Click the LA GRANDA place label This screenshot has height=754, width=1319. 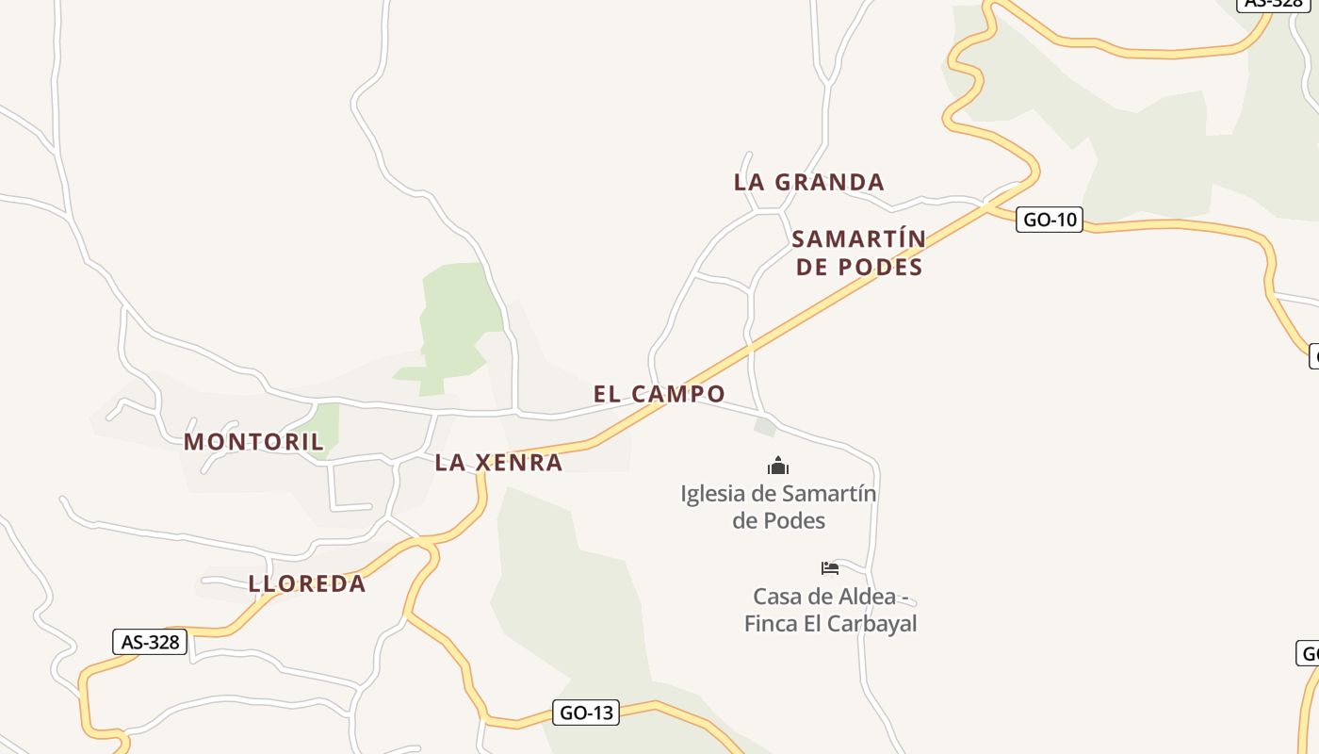(808, 182)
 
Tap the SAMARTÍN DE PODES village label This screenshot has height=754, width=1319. (858, 253)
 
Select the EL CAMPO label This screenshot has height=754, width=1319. (659, 394)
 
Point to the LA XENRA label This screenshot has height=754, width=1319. (498, 463)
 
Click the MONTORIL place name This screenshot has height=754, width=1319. (253, 441)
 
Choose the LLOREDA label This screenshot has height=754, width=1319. (307, 583)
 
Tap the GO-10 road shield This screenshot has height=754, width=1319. (1050, 221)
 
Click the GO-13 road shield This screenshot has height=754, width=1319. (586, 713)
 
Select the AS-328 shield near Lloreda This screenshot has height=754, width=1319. (150, 642)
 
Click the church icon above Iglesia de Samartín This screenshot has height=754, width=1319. (778, 466)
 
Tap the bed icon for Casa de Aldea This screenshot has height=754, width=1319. (829, 568)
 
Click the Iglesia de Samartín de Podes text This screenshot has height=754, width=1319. (778, 507)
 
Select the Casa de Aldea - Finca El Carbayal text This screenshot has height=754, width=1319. (830, 610)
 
